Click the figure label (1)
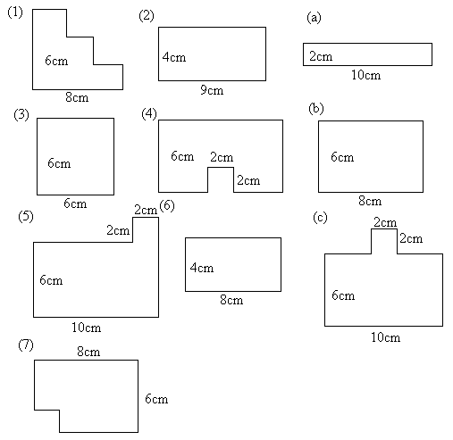pyautogui.click(x=15, y=12)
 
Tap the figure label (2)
pyautogui.click(x=147, y=16)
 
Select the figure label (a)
pyautogui.click(x=314, y=18)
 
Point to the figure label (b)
pyautogui.click(x=316, y=109)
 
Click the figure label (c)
pyautogui.click(x=320, y=218)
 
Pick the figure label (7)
pyautogui.click(x=26, y=345)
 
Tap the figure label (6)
pyautogui.click(x=167, y=206)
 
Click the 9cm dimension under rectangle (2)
pyautogui.click(x=212, y=90)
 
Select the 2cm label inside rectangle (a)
pyautogui.click(x=321, y=56)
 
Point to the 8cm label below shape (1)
pyautogui.click(x=77, y=97)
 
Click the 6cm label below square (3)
pyautogui.click(x=75, y=203)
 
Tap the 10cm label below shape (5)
pyautogui.click(x=87, y=328)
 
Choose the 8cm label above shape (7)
pyautogui.click(x=88, y=352)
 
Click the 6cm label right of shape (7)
pyautogui.click(x=156, y=399)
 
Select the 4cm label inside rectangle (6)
pyautogui.click(x=202, y=268)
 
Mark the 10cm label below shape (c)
pyautogui.click(x=386, y=337)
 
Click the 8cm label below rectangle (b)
pyautogui.click(x=370, y=201)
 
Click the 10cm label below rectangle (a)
pyautogui.click(x=366, y=75)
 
